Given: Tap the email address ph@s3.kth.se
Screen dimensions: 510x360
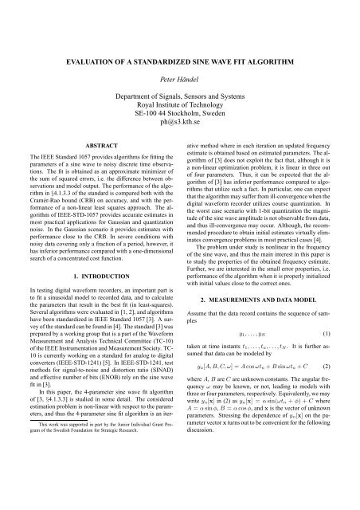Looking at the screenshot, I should tap(180, 146).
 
